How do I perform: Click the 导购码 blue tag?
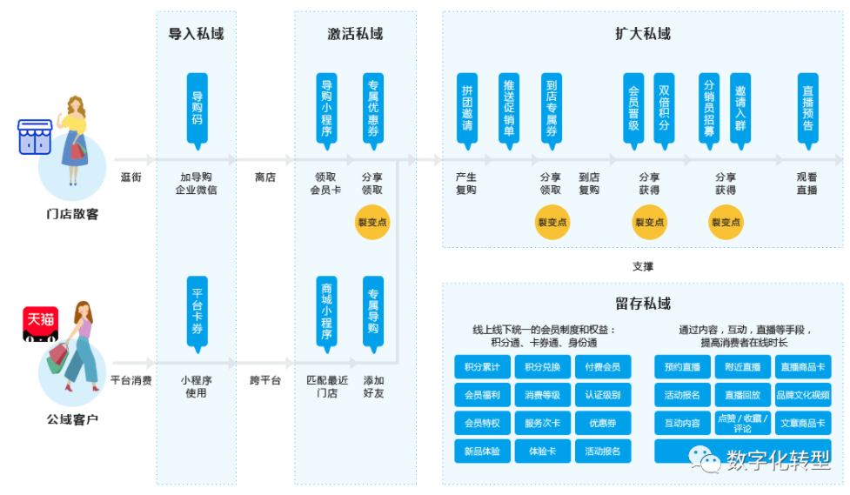pyautogui.click(x=197, y=107)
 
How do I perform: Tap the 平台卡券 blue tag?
pyautogui.click(x=197, y=311)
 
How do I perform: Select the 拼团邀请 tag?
pyautogui.click(x=468, y=107)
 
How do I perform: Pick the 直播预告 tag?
pyautogui.click(x=807, y=107)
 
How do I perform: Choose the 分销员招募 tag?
pyautogui.click(x=709, y=107)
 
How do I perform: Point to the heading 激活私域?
pyautogui.click(x=355, y=34)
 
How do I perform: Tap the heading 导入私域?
pyautogui.click(x=196, y=34)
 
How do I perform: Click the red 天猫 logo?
pyautogui.click(x=40, y=320)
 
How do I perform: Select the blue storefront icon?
pyautogui.click(x=36, y=137)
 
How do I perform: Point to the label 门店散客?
pyautogui.click(x=72, y=213)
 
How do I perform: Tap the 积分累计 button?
pyautogui.click(x=481, y=366)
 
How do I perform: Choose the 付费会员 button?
pyautogui.click(x=602, y=366)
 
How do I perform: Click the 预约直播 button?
pyautogui.click(x=682, y=366)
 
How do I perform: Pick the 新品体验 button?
pyautogui.click(x=481, y=451)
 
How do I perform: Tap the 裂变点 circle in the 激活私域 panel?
pyautogui.click(x=372, y=222)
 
